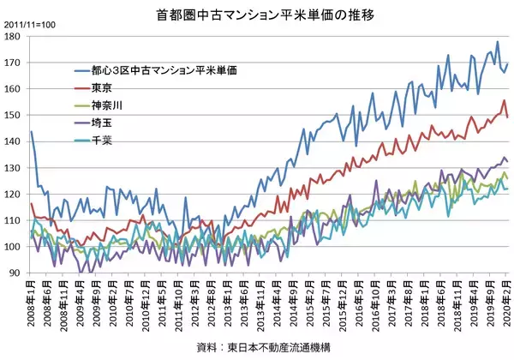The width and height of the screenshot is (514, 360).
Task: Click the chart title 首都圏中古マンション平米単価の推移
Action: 256,15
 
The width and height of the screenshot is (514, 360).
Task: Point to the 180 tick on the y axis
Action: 15,37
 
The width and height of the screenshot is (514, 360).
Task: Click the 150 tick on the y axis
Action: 15,116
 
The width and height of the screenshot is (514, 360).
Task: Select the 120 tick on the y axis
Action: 15,195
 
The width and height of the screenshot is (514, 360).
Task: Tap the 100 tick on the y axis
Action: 15,247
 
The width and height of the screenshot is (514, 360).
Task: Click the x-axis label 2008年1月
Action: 32,306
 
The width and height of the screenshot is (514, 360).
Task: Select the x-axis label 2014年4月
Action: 277,306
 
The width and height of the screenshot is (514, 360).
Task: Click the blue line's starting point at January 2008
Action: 31,132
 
